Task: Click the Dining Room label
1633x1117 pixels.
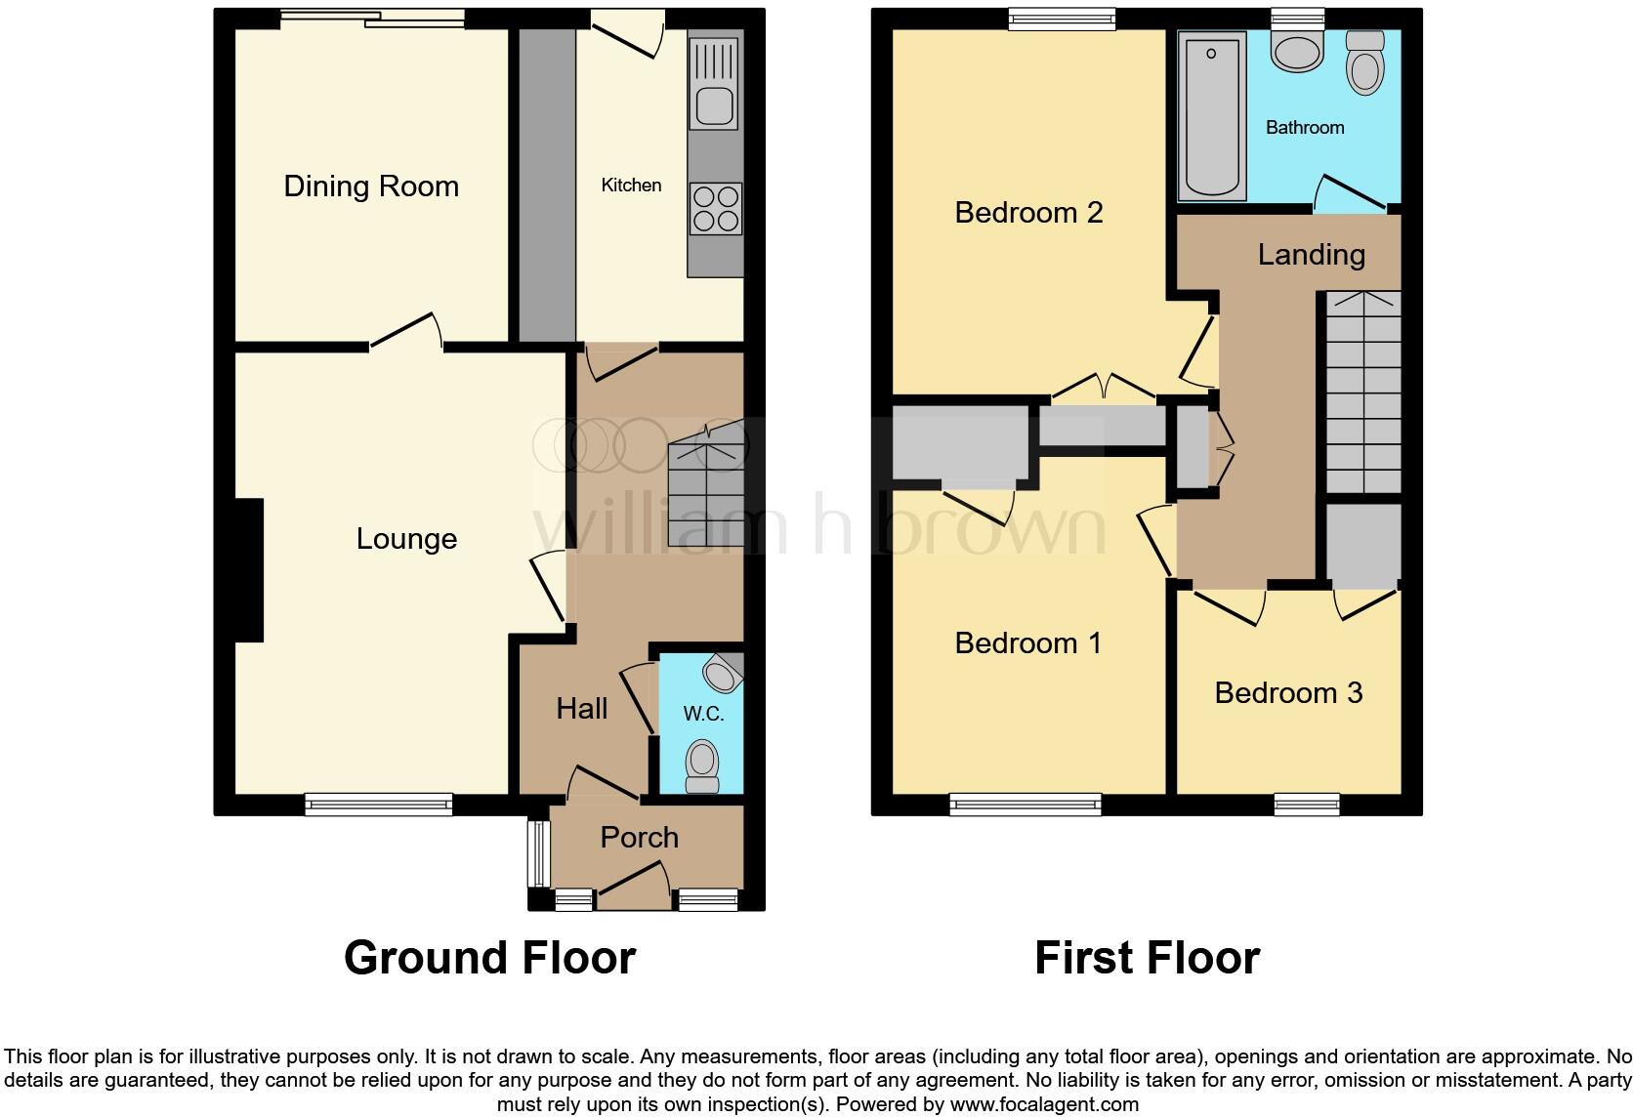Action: click(371, 186)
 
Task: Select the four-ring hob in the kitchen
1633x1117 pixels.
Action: click(716, 209)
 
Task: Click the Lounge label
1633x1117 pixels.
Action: click(406, 539)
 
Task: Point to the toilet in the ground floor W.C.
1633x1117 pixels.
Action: click(701, 766)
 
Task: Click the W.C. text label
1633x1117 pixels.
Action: click(703, 714)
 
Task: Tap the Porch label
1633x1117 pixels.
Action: click(639, 838)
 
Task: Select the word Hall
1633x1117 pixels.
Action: click(582, 709)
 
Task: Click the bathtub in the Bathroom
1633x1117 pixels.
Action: click(1212, 115)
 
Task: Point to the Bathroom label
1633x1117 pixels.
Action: click(1305, 128)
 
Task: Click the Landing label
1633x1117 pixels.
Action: click(1311, 255)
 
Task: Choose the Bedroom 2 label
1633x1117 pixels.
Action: click(1028, 212)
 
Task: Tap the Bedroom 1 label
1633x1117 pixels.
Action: click(1027, 643)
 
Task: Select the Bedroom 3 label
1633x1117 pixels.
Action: click(1288, 693)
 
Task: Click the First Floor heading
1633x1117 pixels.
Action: click(1147, 958)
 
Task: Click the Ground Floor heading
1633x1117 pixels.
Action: click(489, 958)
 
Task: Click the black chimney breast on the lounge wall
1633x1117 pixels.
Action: click(248, 570)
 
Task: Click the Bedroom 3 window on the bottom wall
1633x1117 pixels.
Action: click(1306, 805)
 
